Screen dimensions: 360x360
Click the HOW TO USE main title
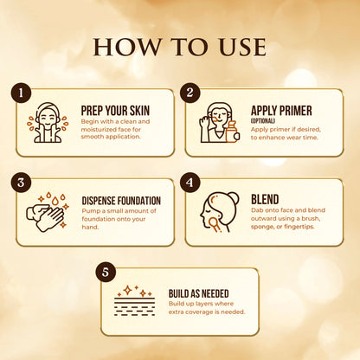tap(179, 46)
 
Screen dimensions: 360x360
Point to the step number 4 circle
tap(190, 182)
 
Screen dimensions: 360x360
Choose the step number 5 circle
tap(105, 271)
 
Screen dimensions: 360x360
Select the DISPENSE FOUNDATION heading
tap(121, 201)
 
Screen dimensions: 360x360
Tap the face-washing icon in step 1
tap(47, 122)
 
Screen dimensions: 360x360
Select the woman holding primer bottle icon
tap(217, 122)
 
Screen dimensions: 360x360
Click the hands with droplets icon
tap(48, 211)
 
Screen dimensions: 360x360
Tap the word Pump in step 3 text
tap(92, 211)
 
